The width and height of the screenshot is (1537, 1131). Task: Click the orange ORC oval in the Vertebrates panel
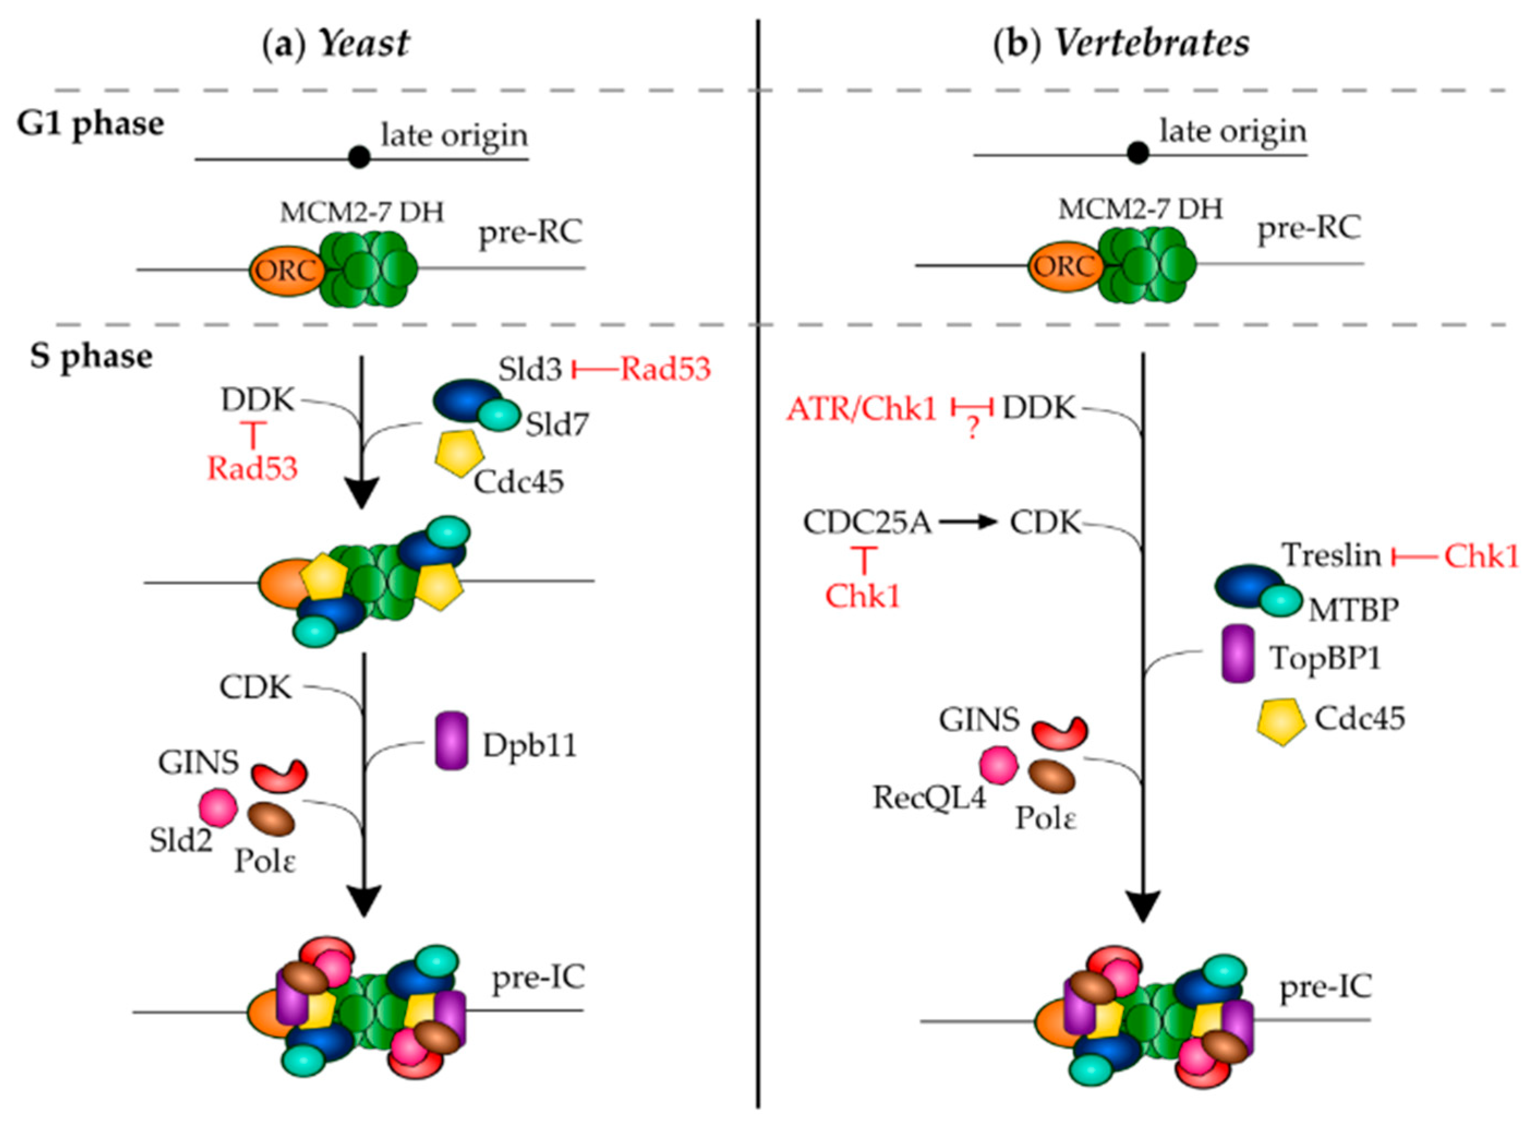pos(1062,266)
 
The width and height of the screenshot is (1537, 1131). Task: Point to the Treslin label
pos(1331,555)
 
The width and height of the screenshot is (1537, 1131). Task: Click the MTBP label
pos(1353,609)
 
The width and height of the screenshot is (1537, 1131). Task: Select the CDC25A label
pos(867,523)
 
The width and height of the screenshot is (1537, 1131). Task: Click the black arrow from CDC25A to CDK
pos(966,523)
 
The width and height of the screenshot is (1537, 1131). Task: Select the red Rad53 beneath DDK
pos(253,469)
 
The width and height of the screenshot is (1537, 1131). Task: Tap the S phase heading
pos(91,357)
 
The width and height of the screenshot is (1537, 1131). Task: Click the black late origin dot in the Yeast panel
pos(359,157)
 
